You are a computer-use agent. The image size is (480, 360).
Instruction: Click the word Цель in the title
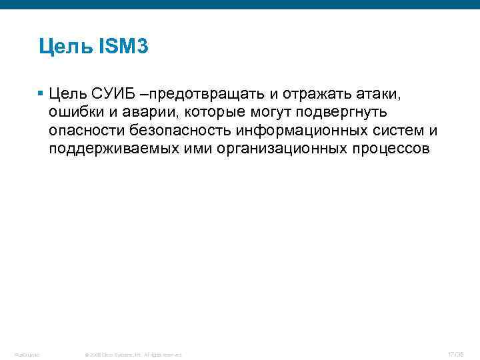[65, 47]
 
